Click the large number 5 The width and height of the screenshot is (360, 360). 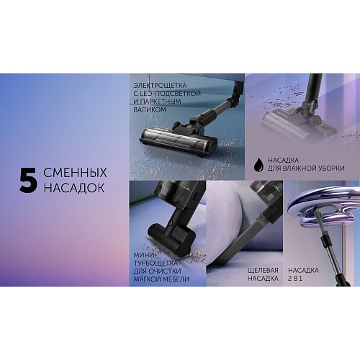pyautogui.click(x=28, y=180)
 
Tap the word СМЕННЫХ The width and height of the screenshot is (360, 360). pyautogui.click(x=75, y=173)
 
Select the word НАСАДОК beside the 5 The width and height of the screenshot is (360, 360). pyautogui.click(x=74, y=188)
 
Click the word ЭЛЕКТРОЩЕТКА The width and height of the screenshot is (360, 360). pyautogui.click(x=160, y=85)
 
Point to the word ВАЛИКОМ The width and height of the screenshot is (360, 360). pyautogui.click(x=150, y=109)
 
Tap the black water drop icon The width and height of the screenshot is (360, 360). pyautogui.click(x=258, y=164)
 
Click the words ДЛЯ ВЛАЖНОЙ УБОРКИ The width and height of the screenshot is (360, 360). pyautogui.click(x=306, y=168)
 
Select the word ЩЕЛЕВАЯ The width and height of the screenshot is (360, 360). pyautogui.click(x=263, y=270)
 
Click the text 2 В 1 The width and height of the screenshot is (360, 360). pyautogui.click(x=295, y=279)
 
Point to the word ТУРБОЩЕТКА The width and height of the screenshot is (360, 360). pyautogui.click(x=156, y=263)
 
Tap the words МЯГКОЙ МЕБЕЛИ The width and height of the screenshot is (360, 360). pyautogui.click(x=161, y=279)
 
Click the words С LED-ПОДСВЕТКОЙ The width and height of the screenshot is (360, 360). pyautogui.click(x=167, y=94)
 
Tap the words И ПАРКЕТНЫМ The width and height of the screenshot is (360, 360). pyautogui.click(x=158, y=102)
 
